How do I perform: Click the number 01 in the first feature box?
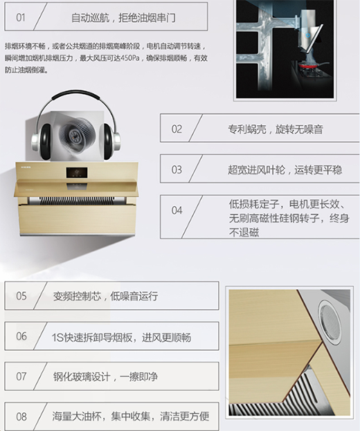point(21,18)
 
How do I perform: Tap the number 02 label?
point(177,129)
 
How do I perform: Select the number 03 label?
point(177,169)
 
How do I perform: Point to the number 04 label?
point(177,210)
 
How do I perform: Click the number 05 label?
point(21,296)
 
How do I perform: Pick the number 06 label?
point(21,336)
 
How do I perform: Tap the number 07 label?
point(21,376)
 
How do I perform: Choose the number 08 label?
point(21,416)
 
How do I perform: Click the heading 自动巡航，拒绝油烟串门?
point(123,18)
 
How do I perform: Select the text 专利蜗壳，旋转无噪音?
point(276,129)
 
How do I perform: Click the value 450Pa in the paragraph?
point(130,58)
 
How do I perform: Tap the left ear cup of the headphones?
point(42,139)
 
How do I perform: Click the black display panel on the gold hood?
point(77,173)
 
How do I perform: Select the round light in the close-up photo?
point(330,321)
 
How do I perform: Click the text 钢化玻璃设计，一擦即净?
point(105,376)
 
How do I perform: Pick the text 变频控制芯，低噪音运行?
point(105,296)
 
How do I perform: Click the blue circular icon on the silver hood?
point(307,35)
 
